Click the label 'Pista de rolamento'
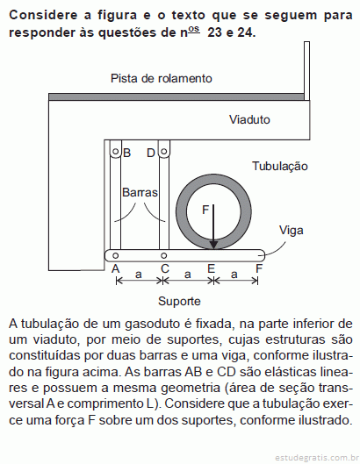[162, 78]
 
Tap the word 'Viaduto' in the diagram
[249, 119]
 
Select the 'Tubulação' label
[280, 166]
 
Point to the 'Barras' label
[140, 192]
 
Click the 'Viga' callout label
[291, 231]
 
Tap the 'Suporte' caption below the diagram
[179, 302]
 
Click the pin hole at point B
[116, 152]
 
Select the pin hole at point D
[164, 152]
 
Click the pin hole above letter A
[116, 255]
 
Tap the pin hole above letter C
[163, 255]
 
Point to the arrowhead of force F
[213, 245]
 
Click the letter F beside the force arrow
[205, 210]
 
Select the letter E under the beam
[211, 268]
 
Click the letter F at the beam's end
[259, 268]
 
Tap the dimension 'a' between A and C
[139, 275]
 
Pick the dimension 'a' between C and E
[187, 275]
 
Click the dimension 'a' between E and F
[234, 275]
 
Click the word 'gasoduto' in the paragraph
[152, 325]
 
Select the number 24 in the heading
[245, 32]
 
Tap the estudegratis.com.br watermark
[315, 458]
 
